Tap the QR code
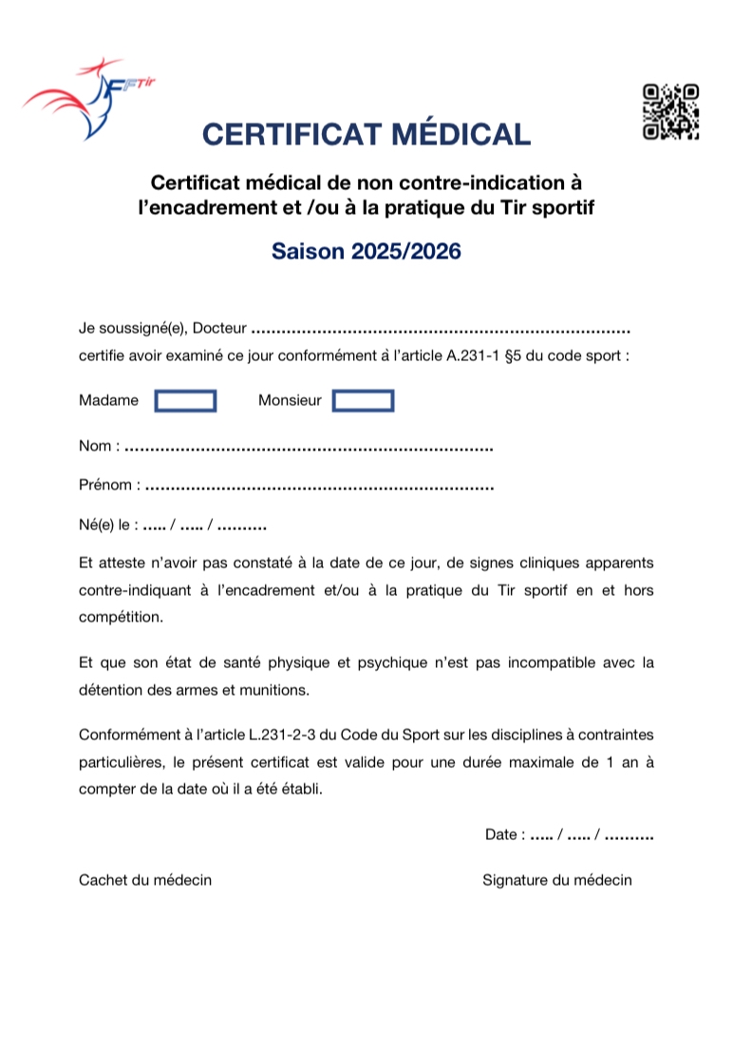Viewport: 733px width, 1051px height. point(671,112)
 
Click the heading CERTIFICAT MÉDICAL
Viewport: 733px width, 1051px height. point(366,134)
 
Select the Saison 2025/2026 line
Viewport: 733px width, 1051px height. point(366,252)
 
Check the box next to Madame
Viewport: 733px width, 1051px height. point(186,401)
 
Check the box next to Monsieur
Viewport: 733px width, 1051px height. point(363,401)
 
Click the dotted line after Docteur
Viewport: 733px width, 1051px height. point(442,331)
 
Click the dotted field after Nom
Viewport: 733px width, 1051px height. point(309,447)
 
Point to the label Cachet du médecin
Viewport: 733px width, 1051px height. point(145,880)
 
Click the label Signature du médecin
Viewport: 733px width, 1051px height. point(556,880)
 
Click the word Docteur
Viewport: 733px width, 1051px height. point(220,329)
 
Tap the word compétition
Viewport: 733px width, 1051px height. point(120,617)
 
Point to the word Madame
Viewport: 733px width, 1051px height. point(108,401)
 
